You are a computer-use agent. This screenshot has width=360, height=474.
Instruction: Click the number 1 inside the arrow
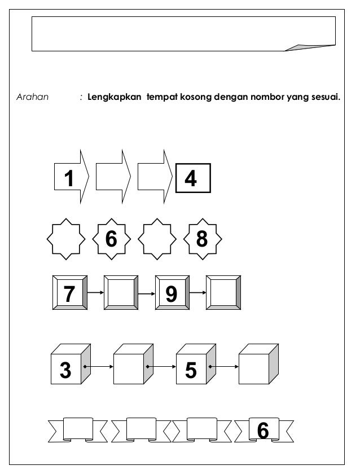coord(69,179)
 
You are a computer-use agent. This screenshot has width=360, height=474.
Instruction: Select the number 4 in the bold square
coord(191,179)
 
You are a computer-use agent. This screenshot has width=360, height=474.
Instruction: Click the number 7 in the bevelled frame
coord(69,293)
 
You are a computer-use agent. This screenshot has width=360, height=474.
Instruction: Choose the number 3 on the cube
coord(66,371)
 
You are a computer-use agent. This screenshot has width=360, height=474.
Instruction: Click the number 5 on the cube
coord(191,371)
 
